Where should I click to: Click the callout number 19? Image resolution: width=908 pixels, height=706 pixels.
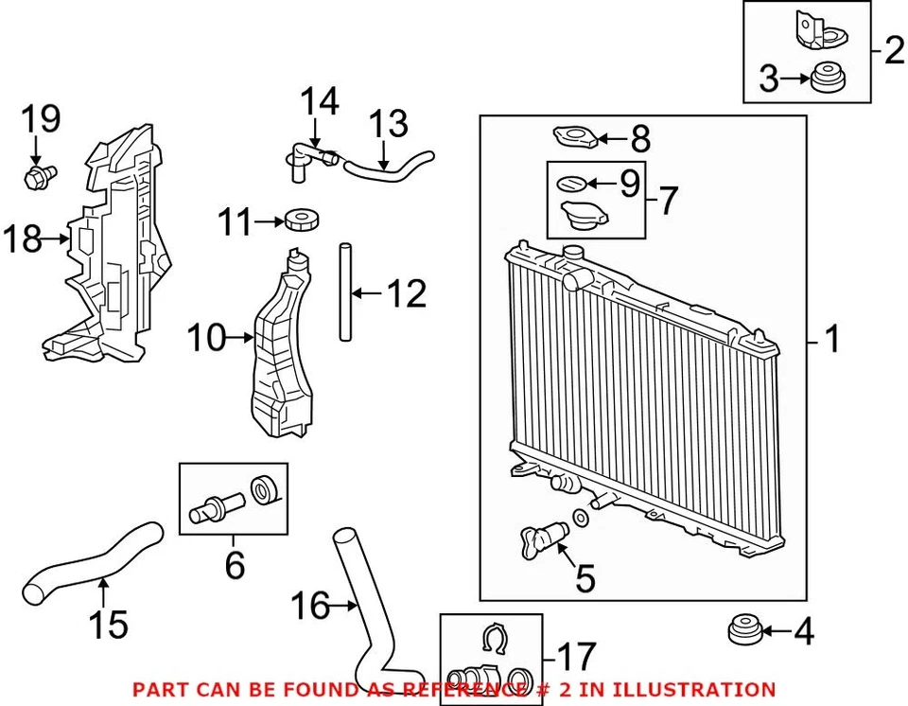[x=41, y=120]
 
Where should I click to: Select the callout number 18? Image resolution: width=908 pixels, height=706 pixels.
[x=23, y=239]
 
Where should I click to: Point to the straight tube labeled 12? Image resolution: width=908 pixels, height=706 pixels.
[x=345, y=293]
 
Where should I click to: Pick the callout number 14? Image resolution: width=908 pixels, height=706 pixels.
[x=319, y=101]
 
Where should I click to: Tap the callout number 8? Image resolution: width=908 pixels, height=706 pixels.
[x=640, y=140]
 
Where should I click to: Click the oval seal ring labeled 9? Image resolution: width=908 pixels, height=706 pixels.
[x=573, y=183]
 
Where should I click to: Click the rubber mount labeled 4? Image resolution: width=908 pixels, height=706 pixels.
[x=744, y=628]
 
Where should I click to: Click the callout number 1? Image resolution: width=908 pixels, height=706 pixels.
[x=831, y=340]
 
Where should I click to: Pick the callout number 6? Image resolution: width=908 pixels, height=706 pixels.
[x=235, y=565]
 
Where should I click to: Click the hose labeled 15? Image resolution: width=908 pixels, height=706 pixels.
[x=90, y=563]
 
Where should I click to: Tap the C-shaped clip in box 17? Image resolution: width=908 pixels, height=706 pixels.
[x=491, y=640]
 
